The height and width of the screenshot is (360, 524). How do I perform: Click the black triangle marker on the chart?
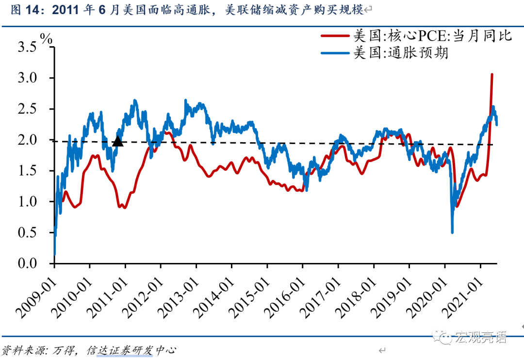[x=117, y=141]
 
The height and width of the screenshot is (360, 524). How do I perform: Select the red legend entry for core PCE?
[x=432, y=36]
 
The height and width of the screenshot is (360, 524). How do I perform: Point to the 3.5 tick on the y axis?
[x=27, y=47]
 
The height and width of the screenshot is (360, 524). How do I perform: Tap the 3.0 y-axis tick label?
[x=27, y=78]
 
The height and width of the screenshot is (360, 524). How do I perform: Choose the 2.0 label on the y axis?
[x=27, y=140]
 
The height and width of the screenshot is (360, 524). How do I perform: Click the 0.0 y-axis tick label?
[x=27, y=263]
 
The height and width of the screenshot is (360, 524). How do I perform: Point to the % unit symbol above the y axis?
[x=46, y=39]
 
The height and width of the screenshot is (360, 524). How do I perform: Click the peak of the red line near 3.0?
[x=492, y=75]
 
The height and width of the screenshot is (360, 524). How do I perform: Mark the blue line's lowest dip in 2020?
[x=452, y=232]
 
